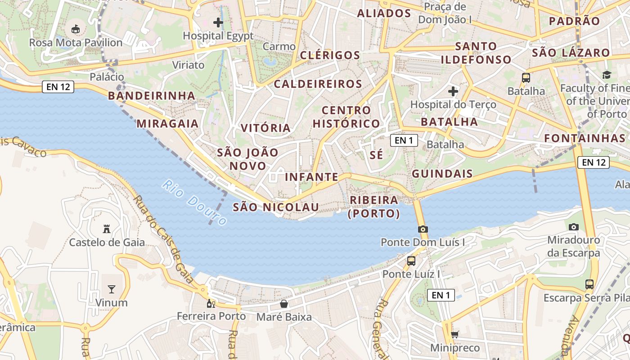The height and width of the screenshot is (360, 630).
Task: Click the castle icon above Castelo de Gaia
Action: tap(107, 229)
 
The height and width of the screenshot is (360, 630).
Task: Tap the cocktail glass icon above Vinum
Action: tap(112, 289)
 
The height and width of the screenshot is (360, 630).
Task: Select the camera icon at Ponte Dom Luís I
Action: tap(423, 229)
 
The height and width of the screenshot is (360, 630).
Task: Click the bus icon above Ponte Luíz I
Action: tap(411, 261)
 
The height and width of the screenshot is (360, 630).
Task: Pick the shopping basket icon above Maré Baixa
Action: tap(284, 304)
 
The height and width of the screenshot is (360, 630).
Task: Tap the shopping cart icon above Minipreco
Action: tap(454, 334)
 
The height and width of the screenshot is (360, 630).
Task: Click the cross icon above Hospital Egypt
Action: tap(218, 22)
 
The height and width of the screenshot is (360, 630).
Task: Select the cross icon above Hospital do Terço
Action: tap(453, 91)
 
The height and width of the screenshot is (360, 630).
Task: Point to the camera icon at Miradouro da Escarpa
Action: tap(573, 227)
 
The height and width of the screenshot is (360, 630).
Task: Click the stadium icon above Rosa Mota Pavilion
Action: tap(76, 29)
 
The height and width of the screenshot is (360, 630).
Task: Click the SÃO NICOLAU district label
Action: tap(276, 207)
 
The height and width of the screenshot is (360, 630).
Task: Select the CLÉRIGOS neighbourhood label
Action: tap(330, 55)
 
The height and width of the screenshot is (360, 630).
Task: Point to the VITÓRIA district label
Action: tap(265, 128)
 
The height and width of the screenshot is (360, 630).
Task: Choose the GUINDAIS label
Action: tap(442, 174)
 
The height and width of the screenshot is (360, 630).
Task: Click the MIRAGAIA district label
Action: tap(167, 124)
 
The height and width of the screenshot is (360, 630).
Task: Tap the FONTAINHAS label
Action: tap(585, 138)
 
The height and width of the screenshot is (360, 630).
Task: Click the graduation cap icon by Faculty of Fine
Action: tap(607, 75)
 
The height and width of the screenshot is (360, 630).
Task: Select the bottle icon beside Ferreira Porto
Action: tap(211, 303)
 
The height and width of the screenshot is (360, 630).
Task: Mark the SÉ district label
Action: tap(376, 155)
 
